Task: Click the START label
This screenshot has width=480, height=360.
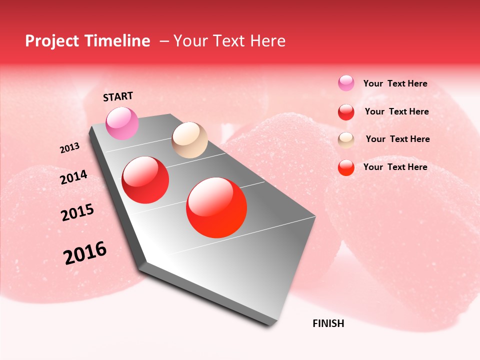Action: (x=118, y=96)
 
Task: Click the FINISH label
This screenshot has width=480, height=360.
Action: (x=328, y=323)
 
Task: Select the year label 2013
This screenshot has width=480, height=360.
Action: (x=69, y=148)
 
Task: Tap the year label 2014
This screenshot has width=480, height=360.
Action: (x=73, y=177)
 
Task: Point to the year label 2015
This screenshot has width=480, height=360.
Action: (x=77, y=212)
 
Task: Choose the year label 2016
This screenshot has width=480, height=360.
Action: (x=85, y=253)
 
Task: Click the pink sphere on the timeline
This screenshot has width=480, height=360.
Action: (x=122, y=123)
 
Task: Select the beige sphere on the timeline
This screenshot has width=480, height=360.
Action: (x=189, y=140)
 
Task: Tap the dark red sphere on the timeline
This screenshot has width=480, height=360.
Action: (x=145, y=180)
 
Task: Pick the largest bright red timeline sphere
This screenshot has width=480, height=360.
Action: (x=216, y=207)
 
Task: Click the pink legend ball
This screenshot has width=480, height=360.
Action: (x=346, y=83)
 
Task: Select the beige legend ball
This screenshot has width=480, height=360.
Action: (x=346, y=139)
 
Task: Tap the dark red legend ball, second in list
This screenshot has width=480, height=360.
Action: (x=346, y=112)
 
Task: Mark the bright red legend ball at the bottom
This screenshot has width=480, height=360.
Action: (x=346, y=167)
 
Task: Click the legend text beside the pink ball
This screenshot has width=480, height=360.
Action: (x=395, y=83)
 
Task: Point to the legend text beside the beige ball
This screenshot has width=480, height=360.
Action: (x=397, y=139)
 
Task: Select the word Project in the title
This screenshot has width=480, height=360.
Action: (x=52, y=41)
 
